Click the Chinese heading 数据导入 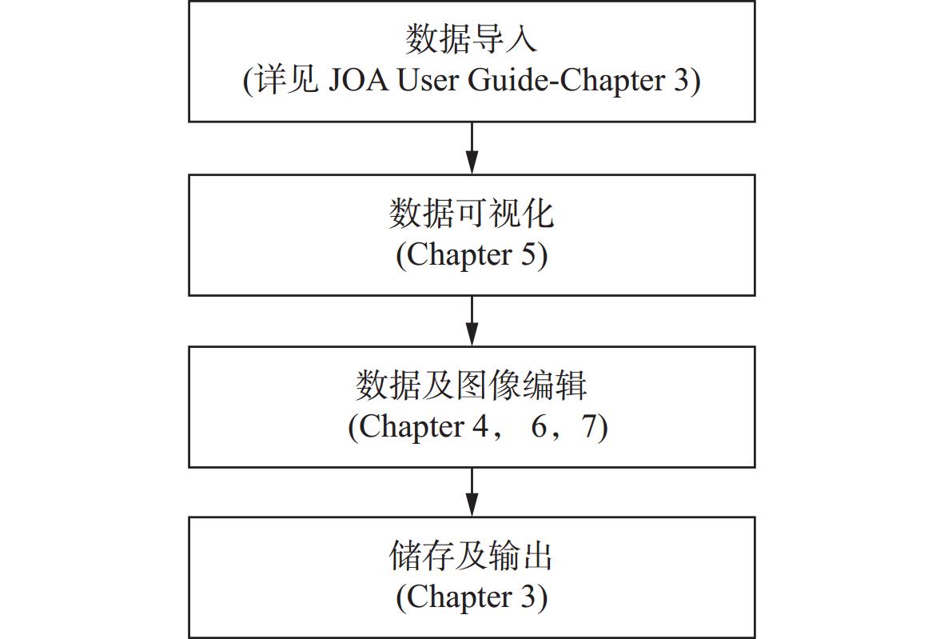[471, 39]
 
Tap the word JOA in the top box [359, 80]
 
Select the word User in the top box [428, 80]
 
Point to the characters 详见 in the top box [288, 80]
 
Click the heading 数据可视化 [472, 214]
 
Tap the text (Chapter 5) [472, 255]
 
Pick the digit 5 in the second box [528, 255]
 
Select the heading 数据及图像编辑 [472, 385]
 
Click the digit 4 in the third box [480, 426]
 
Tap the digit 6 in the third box [539, 426]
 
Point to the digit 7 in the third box [589, 426]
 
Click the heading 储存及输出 [472, 555]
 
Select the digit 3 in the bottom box [528, 597]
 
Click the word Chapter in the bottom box [460, 597]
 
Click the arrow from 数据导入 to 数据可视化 [472, 148]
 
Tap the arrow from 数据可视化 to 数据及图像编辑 [472, 321]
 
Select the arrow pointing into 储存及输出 [472, 492]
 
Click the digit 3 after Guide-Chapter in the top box [680, 80]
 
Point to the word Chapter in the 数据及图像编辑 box [412, 426]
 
